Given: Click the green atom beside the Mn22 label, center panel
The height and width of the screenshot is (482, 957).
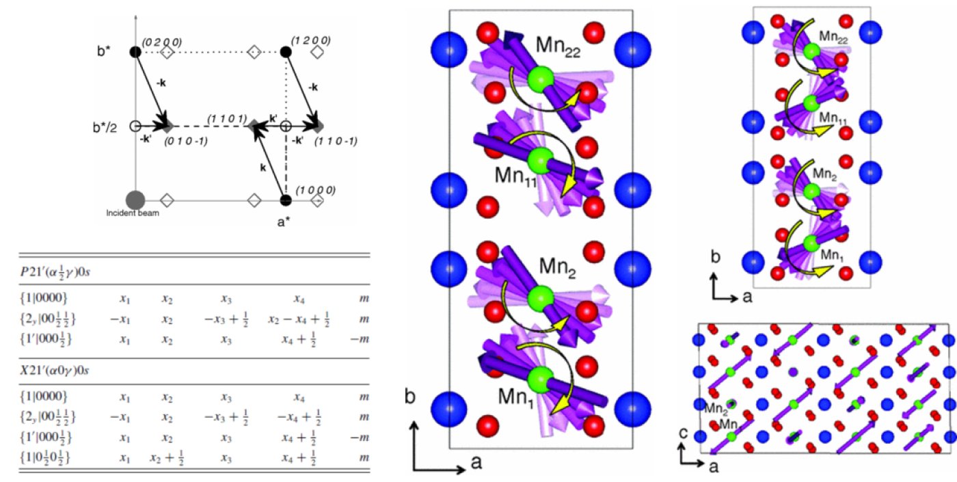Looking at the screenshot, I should [542, 77].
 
